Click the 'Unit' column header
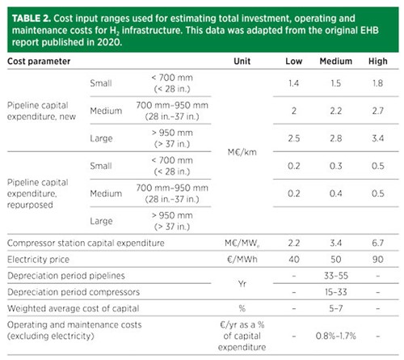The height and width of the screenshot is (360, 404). click(x=242, y=61)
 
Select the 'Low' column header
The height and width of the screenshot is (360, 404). click(x=293, y=61)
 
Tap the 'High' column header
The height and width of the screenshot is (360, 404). click(x=378, y=61)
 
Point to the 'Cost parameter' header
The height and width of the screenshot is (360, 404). click(x=39, y=61)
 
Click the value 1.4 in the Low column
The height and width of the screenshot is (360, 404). click(x=293, y=83)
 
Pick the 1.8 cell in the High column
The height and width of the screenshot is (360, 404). click(x=377, y=83)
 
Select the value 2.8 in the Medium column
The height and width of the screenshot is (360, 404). click(x=336, y=138)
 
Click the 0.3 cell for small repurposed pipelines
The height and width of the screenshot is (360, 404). click(x=336, y=166)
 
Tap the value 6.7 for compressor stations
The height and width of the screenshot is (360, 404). click(x=377, y=243)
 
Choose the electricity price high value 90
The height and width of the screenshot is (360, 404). click(x=377, y=260)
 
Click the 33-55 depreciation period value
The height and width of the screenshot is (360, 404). click(x=336, y=276)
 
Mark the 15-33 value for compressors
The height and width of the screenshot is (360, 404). click(x=336, y=292)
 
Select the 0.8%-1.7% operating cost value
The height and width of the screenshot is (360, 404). click(x=336, y=336)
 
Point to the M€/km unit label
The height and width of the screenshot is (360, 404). click(x=242, y=152)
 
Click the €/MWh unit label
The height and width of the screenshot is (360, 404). click(x=242, y=260)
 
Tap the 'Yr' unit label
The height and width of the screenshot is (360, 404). click(x=242, y=284)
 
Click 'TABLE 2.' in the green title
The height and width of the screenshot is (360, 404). click(x=32, y=19)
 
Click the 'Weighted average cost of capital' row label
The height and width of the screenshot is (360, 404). click(x=74, y=308)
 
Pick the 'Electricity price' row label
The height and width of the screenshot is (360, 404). click(x=38, y=260)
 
